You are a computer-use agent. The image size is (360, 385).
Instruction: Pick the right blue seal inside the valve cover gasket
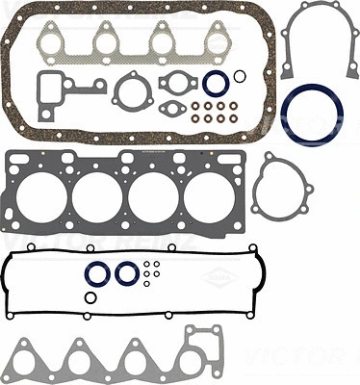[126, 274]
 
